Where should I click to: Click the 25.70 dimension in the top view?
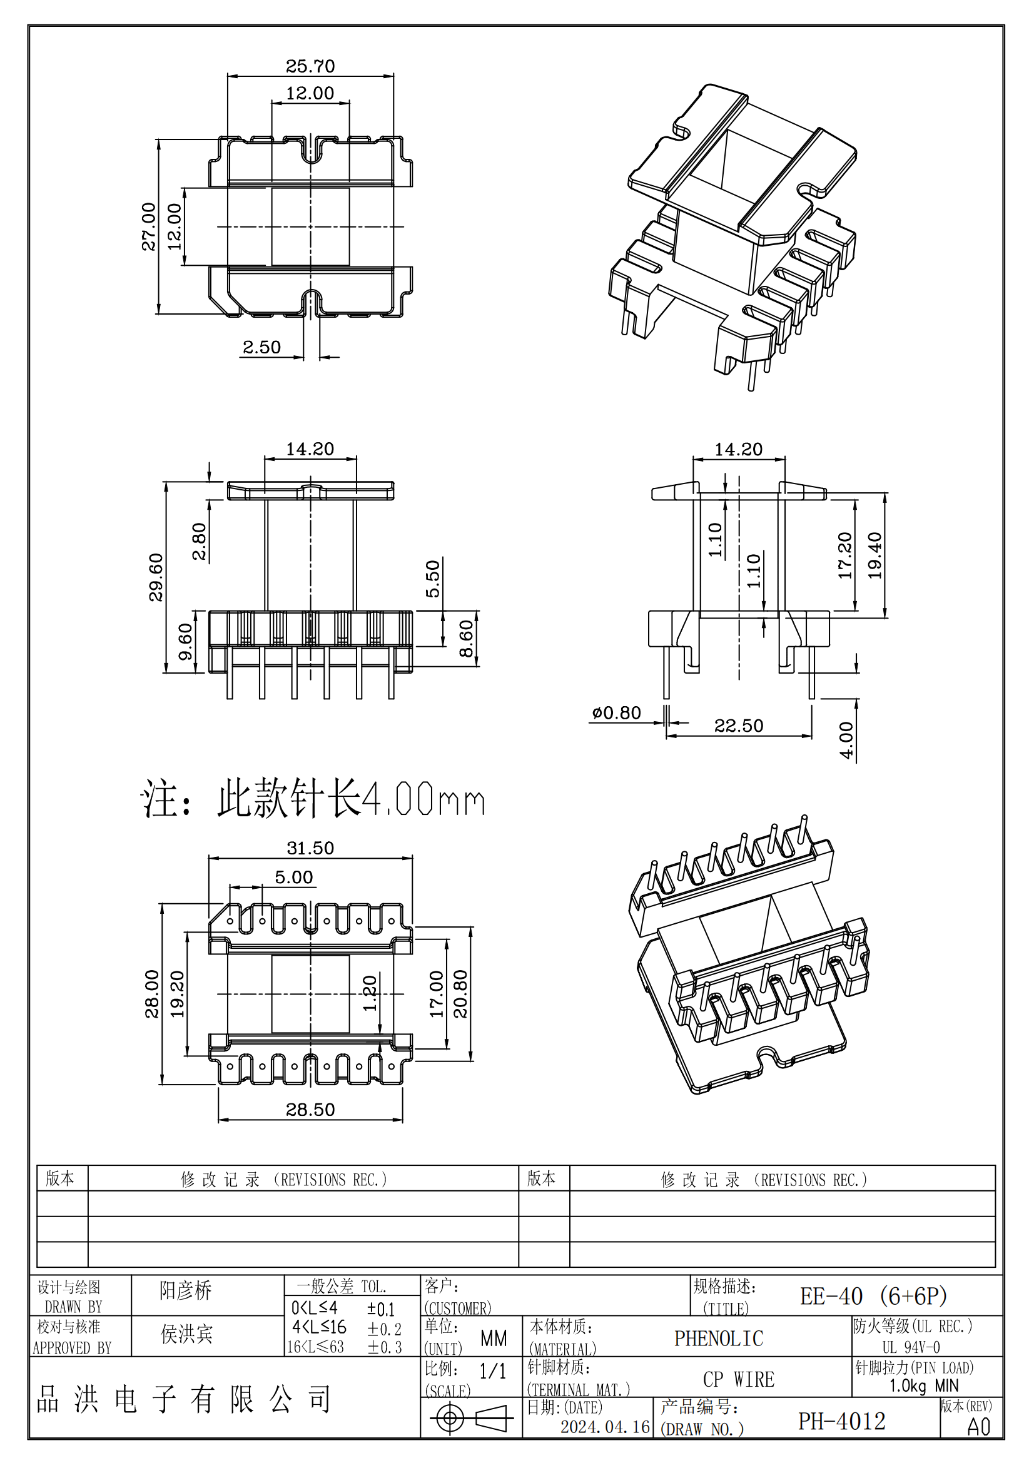[x=310, y=66]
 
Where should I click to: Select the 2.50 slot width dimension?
[x=261, y=347]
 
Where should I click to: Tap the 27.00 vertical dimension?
[x=148, y=226]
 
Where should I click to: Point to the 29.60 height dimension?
[x=156, y=577]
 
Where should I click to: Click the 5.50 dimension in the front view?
[x=433, y=579]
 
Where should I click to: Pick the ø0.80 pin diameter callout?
[x=616, y=712]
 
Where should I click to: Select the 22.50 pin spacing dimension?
[x=738, y=726]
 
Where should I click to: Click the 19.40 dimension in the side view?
[x=874, y=555]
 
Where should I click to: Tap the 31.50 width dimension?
[x=310, y=848]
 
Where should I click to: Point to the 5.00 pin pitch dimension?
[x=294, y=878]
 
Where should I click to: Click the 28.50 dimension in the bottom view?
[x=310, y=1110]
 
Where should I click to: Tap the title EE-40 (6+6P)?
[x=873, y=1296]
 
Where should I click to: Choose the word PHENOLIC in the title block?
[x=719, y=1339]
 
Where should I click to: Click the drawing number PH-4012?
[x=841, y=1421]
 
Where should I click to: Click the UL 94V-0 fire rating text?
[x=910, y=1347]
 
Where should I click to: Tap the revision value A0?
[x=978, y=1427]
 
